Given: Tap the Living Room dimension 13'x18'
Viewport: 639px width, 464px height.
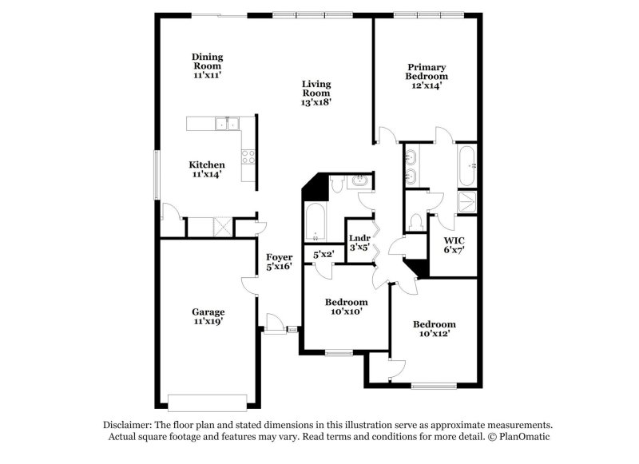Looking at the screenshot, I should [x=316, y=102].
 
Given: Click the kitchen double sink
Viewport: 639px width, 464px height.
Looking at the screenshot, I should [x=228, y=123].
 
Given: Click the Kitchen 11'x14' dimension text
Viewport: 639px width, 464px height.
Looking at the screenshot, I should [x=206, y=174].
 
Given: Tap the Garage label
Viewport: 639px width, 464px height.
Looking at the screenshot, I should [x=208, y=312].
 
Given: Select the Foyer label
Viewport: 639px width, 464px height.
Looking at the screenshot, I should [x=279, y=257].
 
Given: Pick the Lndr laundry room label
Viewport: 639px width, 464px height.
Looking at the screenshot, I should [x=359, y=237].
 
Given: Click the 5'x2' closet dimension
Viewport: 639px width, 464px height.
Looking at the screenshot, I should [x=323, y=254].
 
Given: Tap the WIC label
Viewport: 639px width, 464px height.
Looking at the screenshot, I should [x=454, y=240].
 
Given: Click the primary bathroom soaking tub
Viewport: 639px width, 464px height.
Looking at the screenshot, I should [x=466, y=165].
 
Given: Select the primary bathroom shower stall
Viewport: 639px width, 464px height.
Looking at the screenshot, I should [x=465, y=203].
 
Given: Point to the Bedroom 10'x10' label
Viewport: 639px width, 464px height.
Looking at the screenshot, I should [x=346, y=302].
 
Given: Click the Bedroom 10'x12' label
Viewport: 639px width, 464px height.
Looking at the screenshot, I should [x=434, y=324].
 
